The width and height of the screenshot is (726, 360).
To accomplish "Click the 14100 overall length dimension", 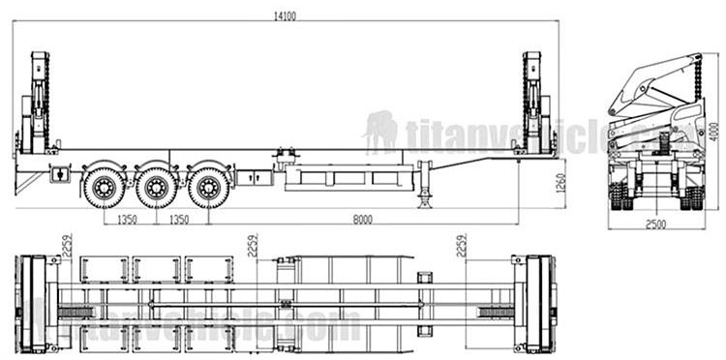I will (x=286, y=14).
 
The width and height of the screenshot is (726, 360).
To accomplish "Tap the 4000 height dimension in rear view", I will (x=714, y=135).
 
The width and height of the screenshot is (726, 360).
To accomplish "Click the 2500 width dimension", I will (x=656, y=225).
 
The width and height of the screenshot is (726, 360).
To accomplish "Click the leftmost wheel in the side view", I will (x=104, y=187).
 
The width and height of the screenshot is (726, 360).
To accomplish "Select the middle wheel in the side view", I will (x=156, y=187).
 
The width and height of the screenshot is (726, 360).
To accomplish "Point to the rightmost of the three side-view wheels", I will (x=208, y=187).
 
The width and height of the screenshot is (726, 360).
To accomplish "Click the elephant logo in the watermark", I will (x=380, y=130).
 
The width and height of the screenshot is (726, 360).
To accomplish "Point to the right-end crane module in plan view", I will (x=533, y=304).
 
